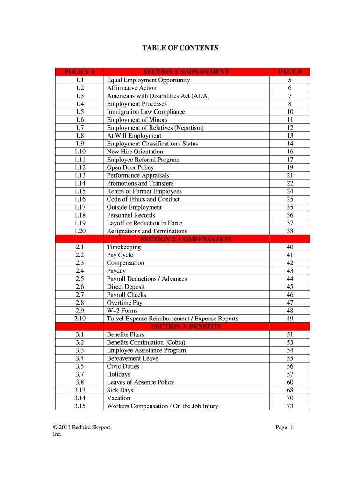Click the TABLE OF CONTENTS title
180,48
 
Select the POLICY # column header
79,72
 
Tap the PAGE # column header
290,72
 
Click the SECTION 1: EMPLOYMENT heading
186,72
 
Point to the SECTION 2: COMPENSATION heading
186,239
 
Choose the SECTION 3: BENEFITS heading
186,327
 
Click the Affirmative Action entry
132,88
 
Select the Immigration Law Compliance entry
146,112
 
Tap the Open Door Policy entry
130,167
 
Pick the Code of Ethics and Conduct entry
143,199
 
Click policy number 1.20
79,231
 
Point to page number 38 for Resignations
290,231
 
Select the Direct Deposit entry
126,287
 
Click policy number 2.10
79,319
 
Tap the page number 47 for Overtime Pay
290,303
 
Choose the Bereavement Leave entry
132,358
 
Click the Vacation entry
119,398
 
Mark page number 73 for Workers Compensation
290,406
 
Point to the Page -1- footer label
285,428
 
